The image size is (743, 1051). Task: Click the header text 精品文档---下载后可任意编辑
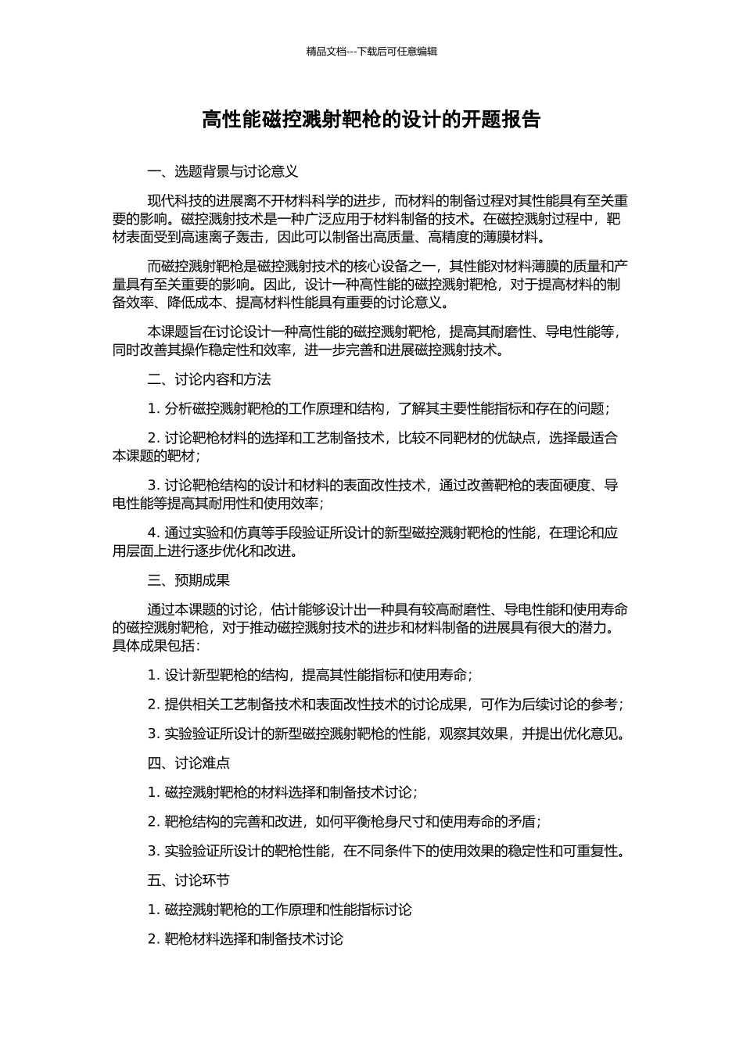[371, 52]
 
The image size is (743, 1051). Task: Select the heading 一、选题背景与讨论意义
[223, 171]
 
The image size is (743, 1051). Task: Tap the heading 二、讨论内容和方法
[209, 379]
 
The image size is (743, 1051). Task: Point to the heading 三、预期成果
[188, 580]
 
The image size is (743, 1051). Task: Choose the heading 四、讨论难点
[188, 762]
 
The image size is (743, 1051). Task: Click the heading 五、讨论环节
[188, 880]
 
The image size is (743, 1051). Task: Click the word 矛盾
[522, 821]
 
